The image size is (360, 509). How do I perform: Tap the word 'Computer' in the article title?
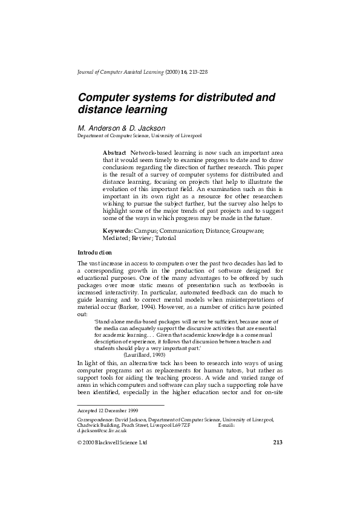(x=103, y=97)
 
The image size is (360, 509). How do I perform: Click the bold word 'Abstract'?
(x=114, y=153)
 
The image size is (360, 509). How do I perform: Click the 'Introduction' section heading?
(x=94, y=251)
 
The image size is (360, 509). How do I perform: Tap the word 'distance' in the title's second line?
(x=101, y=110)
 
